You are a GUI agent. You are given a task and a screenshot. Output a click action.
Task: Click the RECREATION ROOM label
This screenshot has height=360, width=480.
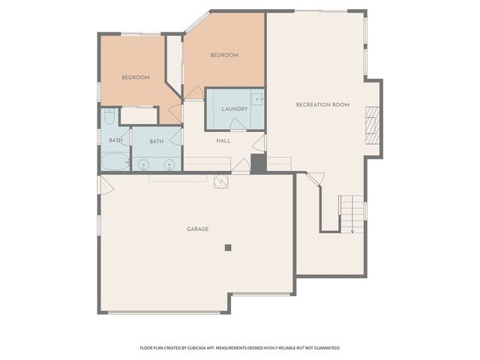point(322,104)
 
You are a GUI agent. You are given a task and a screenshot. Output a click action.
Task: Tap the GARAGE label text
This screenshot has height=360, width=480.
point(198,229)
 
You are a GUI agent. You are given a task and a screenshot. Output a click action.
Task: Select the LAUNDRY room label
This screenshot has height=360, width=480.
point(234,109)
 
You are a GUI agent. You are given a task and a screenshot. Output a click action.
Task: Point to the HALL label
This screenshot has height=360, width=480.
point(223,140)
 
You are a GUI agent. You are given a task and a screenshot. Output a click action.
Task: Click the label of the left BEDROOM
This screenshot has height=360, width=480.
point(136,77)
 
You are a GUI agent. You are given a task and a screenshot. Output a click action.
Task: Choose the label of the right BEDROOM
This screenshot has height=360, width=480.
point(223,55)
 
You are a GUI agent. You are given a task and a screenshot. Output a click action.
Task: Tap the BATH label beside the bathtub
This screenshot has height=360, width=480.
point(115,140)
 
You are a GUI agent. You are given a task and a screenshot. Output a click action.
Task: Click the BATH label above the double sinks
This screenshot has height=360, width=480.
point(156,141)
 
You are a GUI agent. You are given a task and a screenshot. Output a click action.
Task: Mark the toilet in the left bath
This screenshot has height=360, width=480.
point(109,117)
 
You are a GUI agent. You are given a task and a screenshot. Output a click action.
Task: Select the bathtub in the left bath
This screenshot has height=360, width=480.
point(115,161)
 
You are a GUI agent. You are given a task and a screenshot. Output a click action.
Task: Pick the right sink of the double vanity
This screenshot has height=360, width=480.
point(169,163)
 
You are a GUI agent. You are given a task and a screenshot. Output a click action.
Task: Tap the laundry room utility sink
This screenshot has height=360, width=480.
point(256,99)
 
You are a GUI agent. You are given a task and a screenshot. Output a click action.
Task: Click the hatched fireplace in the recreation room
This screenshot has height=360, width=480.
point(372,124)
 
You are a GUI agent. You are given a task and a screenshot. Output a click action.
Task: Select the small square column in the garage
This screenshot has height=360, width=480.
point(228,247)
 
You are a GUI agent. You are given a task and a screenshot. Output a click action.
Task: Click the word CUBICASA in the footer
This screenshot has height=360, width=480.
point(212,348)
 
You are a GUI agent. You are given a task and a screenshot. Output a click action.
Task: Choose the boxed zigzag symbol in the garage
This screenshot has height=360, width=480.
point(220,181)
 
